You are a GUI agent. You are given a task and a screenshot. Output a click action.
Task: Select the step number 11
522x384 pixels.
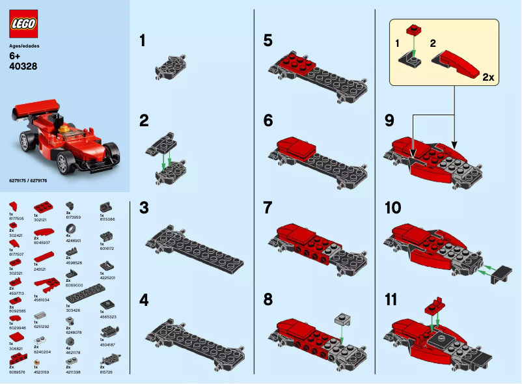point(392,301)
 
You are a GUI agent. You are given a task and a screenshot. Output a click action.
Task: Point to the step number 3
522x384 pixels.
point(144,208)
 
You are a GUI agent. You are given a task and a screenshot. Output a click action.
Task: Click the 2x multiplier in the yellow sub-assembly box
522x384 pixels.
point(488,77)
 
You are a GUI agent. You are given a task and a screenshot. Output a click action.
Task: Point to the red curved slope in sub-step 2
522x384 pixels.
point(460,61)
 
